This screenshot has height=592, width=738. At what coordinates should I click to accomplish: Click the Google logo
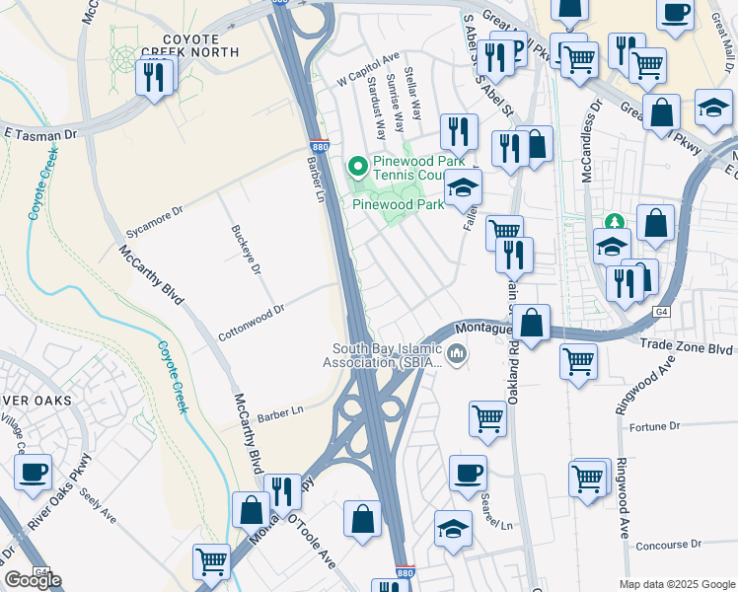[33, 580]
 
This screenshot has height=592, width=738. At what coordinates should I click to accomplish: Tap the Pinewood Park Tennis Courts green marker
[357, 166]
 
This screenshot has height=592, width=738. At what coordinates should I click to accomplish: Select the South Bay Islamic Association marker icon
[456, 353]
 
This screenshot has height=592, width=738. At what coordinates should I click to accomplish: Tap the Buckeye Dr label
[245, 250]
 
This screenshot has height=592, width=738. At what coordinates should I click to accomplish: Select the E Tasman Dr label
[40, 131]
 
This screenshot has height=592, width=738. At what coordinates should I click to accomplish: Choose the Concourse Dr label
[668, 544]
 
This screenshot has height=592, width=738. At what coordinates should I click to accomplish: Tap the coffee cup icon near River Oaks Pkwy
[33, 472]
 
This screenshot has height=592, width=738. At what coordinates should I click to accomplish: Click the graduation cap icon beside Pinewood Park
[461, 186]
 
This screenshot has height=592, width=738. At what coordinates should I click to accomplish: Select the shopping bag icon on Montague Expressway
[531, 323]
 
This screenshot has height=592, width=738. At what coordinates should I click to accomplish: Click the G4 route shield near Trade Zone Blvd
[662, 312]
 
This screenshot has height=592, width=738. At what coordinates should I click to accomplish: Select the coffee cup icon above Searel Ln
[468, 473]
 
